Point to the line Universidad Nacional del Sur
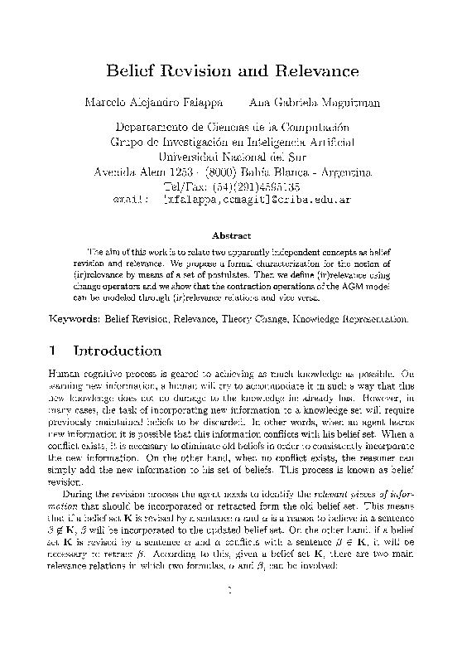231,156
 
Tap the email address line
231,200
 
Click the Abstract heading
231,235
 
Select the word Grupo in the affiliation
126,141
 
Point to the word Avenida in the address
112,171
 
